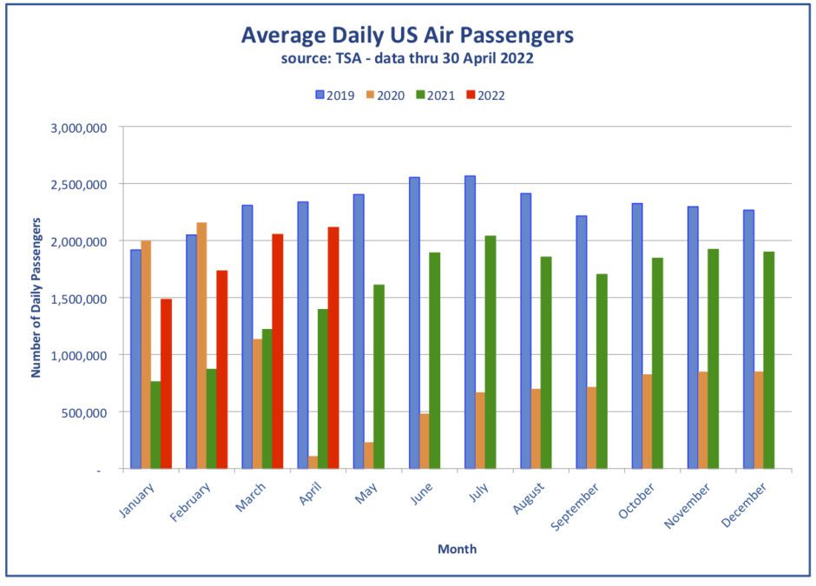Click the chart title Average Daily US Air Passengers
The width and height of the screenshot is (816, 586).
click(x=407, y=36)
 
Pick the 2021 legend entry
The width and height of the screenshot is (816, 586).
click(x=435, y=95)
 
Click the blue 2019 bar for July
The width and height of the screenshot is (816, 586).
click(x=470, y=322)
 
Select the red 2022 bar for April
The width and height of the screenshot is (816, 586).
click(x=333, y=347)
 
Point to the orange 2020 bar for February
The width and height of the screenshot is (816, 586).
click(x=201, y=346)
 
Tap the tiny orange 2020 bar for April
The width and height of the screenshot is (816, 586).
click(x=313, y=462)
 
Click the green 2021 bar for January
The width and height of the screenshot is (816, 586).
click(x=155, y=425)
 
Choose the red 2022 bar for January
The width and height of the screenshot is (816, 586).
click(x=166, y=384)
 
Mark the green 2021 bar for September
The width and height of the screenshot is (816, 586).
click(x=602, y=371)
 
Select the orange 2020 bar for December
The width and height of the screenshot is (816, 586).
click(x=759, y=420)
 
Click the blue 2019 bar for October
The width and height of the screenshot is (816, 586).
click(x=637, y=336)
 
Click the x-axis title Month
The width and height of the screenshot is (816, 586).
click(x=457, y=549)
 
